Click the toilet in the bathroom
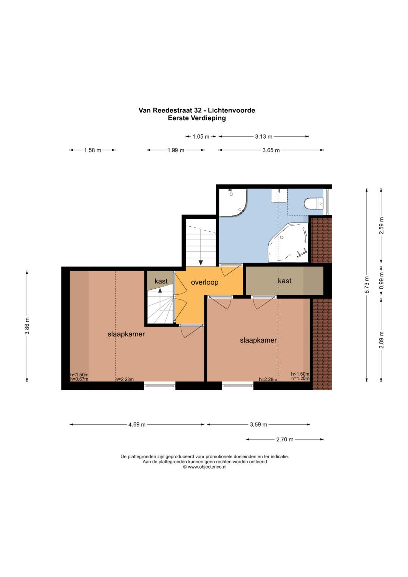point(313,203)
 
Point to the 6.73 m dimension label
point(367,285)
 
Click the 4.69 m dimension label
point(137,424)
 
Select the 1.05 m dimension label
point(201,136)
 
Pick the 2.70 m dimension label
point(284,439)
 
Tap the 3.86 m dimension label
point(27,326)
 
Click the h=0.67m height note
point(79,379)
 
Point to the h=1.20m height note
point(300,378)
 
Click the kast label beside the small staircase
point(161,281)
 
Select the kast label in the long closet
point(284,280)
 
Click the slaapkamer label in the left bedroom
point(126,334)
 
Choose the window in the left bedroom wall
point(160,385)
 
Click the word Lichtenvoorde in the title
point(232,110)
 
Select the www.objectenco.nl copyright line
point(205,467)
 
